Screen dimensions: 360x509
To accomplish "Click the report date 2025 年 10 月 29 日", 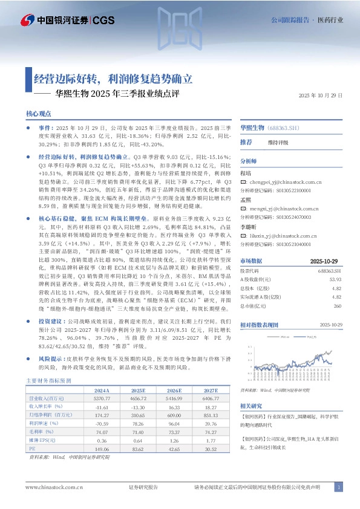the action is (x=321, y=96).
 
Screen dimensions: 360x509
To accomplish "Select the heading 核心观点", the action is (x=38, y=114).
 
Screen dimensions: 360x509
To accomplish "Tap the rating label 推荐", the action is (x=246, y=141).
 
